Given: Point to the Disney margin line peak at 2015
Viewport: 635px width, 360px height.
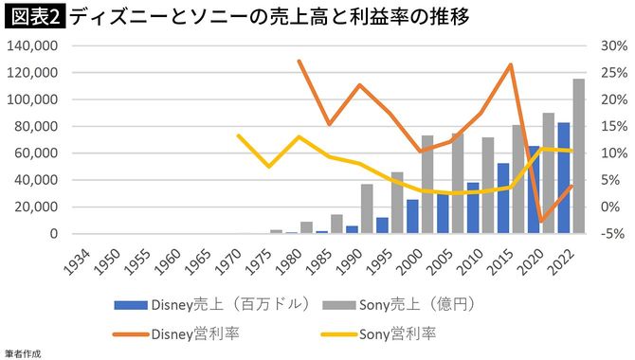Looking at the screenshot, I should point(511,65).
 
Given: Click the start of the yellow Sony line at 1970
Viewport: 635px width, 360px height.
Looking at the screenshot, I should point(239,135).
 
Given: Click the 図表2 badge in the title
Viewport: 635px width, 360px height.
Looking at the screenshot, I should point(33,16).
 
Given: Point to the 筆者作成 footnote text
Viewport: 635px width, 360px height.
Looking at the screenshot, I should point(21,352).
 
